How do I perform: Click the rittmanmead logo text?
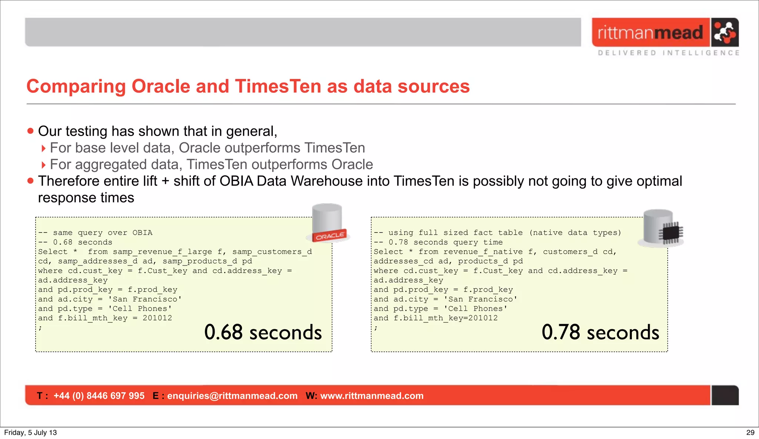pos(650,33)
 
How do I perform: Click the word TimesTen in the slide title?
pos(278,86)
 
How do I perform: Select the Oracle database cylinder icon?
pos(327,222)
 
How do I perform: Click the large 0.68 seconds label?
pos(263,332)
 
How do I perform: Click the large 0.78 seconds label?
pos(600,332)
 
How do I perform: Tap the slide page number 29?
pos(750,432)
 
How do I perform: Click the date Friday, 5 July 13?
pos(30,432)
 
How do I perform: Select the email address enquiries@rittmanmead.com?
pos(232,396)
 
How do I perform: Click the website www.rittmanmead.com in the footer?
pos(372,396)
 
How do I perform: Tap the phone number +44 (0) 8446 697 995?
pos(99,396)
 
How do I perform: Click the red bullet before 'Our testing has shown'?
pos(30,131)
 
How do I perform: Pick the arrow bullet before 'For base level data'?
pos(43,148)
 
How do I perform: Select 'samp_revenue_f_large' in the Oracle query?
pos(162,252)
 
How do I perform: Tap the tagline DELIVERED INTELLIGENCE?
pos(669,53)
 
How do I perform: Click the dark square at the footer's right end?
pos(725,395)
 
